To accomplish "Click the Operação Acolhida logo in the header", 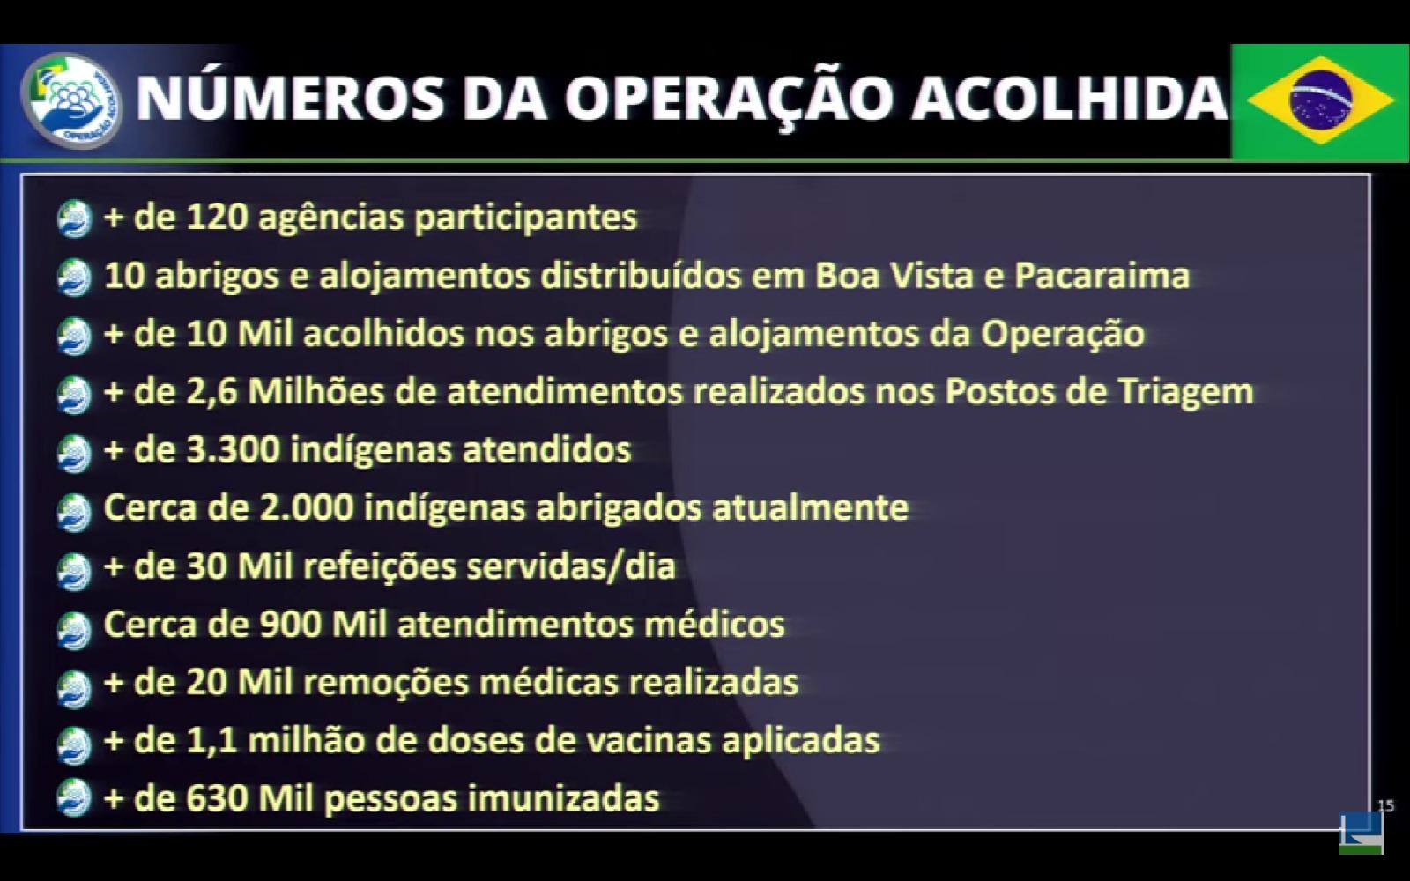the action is coord(71,100).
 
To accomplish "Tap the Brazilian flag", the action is coord(1320,100).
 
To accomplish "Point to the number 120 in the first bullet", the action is coord(215,217).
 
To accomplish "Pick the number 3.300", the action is coord(233,450).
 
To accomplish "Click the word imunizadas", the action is coord(563,798).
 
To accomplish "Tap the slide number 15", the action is coord(1386,805).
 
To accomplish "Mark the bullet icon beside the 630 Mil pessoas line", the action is coord(74,797).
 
